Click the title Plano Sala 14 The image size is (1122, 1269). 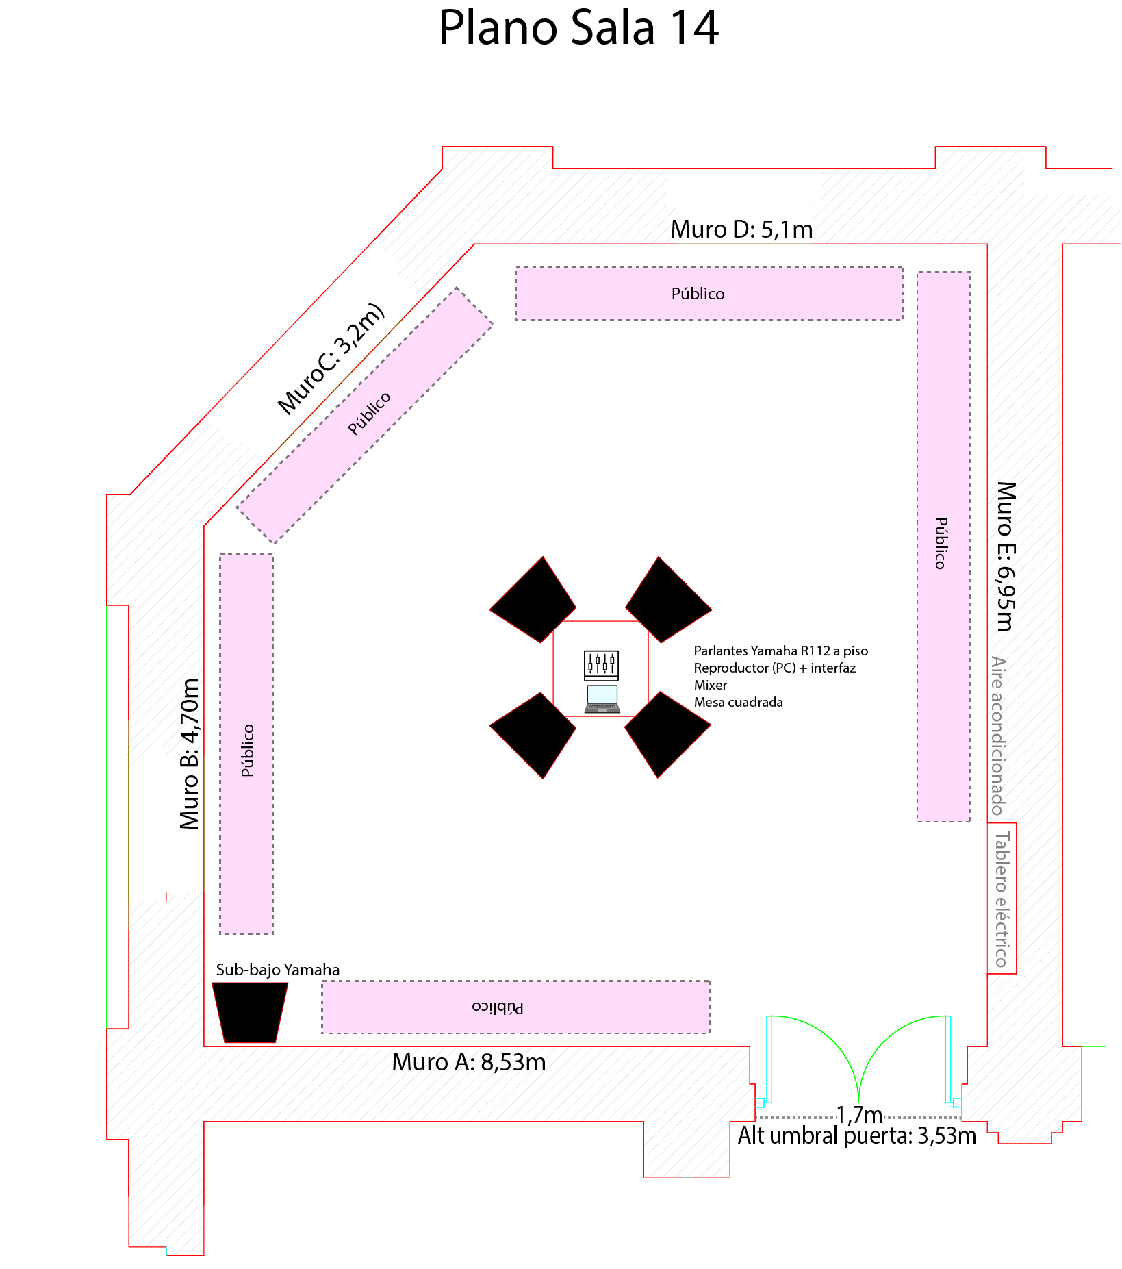(x=578, y=28)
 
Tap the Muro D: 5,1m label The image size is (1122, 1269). (x=741, y=229)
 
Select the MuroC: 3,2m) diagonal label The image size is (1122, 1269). (x=331, y=358)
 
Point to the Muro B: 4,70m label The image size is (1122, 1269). (x=190, y=754)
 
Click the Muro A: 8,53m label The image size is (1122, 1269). (x=469, y=1062)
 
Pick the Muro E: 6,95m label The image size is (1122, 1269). (x=1006, y=556)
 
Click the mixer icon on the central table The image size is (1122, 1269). (x=601, y=665)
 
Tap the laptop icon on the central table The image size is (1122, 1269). (x=602, y=699)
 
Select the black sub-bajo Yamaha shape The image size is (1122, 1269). (x=250, y=1013)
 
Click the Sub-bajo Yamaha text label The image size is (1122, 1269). (x=278, y=970)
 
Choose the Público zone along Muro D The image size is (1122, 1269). (x=709, y=294)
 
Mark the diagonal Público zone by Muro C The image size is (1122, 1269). (x=364, y=415)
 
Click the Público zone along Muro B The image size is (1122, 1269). (x=246, y=744)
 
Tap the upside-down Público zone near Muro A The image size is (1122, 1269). (x=515, y=1007)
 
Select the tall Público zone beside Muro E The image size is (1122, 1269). (x=943, y=546)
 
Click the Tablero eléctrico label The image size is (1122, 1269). (x=1002, y=899)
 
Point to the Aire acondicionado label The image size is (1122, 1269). (x=999, y=736)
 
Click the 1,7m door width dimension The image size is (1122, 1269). (x=859, y=1115)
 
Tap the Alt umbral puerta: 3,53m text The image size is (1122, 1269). (x=857, y=1135)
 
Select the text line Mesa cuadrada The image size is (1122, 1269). (x=739, y=702)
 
